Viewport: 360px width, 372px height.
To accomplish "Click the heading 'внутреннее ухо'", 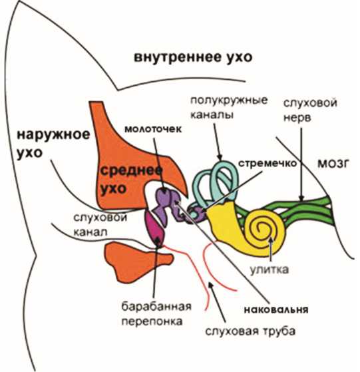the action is click(193, 57).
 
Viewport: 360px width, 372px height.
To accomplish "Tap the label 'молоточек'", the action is click(153, 129).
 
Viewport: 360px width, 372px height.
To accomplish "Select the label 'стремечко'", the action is click(268, 164).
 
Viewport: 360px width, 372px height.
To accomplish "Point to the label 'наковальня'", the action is click(276, 310).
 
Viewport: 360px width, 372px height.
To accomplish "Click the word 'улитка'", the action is click(270, 270).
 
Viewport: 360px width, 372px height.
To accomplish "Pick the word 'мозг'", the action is click(333, 164).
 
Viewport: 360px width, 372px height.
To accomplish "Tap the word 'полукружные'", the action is click(229, 100).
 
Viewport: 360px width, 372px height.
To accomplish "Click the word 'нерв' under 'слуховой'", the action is click(297, 118).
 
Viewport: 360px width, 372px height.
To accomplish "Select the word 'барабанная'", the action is click(156, 307).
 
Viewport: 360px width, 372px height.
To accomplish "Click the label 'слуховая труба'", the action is click(250, 331).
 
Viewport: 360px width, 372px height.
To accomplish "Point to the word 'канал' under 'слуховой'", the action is click(90, 232).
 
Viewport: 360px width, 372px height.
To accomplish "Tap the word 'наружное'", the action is click(53, 134).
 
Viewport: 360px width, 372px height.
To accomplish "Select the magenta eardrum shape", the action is click(154, 229).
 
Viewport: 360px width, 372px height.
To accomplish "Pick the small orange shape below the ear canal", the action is click(138, 262).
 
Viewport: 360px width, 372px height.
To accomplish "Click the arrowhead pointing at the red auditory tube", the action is click(210, 285).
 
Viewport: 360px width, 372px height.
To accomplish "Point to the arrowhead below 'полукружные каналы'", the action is click(220, 157).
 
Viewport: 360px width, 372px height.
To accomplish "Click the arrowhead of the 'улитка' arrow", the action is click(271, 240).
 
